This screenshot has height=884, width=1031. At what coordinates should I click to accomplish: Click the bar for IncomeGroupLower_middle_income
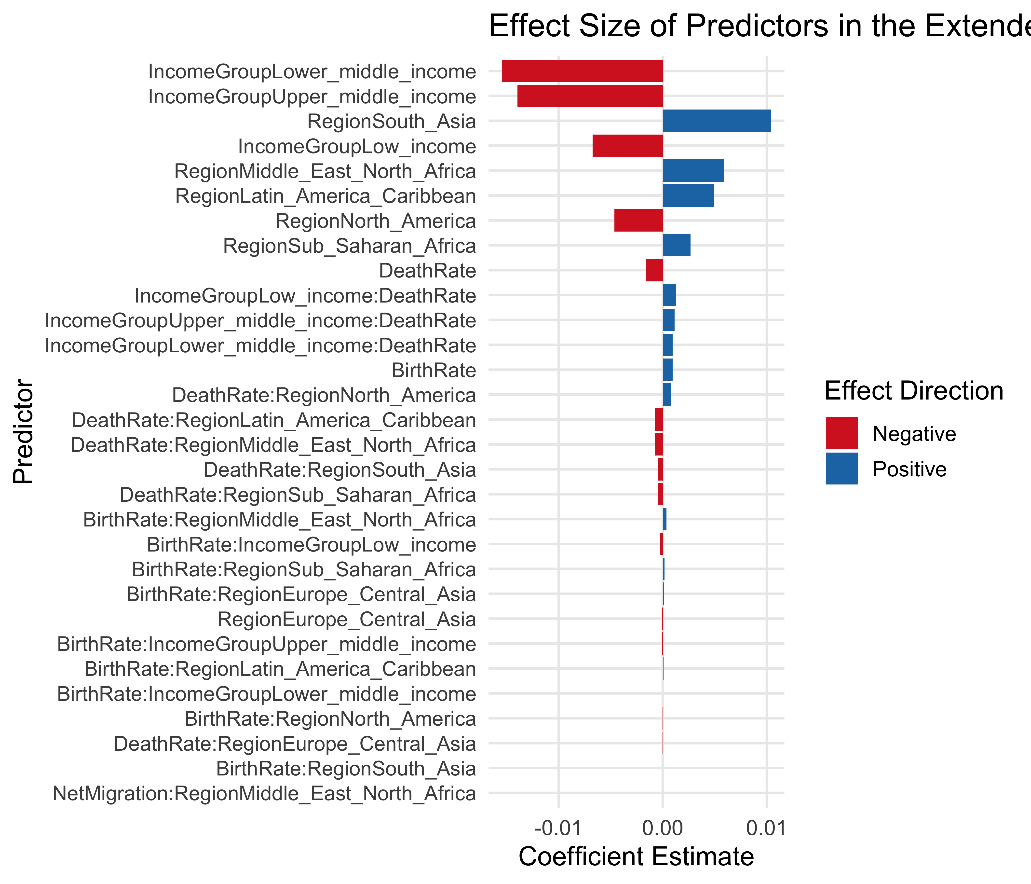582,71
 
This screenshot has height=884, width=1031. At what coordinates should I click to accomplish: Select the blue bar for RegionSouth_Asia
717,121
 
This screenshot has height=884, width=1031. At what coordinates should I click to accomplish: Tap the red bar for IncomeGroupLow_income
627,146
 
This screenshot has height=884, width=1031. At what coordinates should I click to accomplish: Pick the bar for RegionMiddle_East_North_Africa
693,171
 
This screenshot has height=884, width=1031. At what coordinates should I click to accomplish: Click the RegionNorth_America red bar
638,221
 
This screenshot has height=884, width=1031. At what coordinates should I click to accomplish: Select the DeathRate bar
654,270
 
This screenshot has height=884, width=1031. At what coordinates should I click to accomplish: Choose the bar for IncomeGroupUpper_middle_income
590,96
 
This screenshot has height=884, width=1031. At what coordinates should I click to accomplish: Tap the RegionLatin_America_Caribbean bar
688,196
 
